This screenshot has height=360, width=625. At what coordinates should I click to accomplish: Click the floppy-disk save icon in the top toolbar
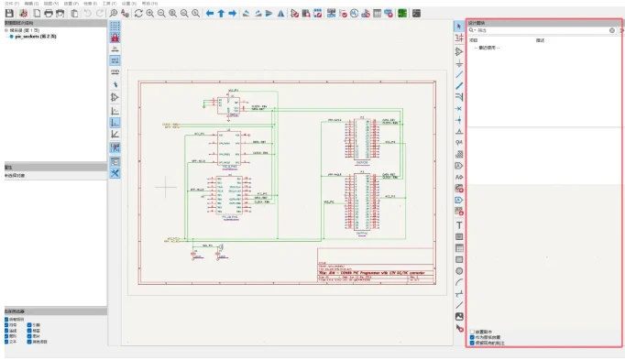(9, 14)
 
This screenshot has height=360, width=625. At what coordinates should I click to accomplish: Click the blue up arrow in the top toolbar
(221, 14)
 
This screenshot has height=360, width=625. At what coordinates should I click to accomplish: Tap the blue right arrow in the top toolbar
(233, 14)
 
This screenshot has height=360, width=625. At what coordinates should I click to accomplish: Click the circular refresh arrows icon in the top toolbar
(137, 14)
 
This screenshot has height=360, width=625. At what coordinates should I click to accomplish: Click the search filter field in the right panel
(541, 30)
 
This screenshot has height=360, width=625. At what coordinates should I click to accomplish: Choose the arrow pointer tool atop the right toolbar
(459, 27)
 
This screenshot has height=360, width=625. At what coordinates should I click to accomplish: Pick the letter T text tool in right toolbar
(459, 224)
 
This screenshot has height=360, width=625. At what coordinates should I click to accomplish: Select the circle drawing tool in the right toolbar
(459, 270)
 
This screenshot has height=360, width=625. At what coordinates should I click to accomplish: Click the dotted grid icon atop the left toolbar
(115, 27)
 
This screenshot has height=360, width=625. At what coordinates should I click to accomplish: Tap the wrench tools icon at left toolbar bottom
(115, 173)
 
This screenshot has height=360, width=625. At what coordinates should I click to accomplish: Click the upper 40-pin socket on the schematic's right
(360, 140)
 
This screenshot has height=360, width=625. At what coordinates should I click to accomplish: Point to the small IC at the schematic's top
(233, 103)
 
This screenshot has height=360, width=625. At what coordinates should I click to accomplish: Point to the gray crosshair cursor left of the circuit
(165, 186)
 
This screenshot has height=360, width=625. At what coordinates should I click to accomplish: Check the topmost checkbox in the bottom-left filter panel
(7, 319)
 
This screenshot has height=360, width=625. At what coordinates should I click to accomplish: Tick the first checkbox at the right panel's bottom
(472, 331)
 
